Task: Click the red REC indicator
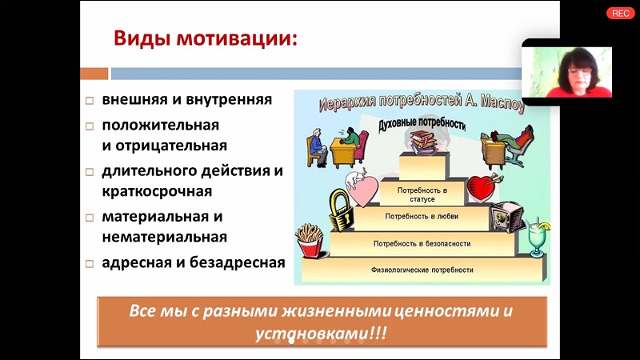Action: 621,14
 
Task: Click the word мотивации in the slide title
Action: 237,39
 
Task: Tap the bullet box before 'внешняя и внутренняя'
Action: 90,101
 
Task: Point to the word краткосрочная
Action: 157,191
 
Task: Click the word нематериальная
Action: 165,237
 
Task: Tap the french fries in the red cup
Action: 310,242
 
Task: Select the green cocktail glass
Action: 537,238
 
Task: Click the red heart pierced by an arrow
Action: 483,187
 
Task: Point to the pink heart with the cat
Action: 362,189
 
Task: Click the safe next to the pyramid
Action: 506,217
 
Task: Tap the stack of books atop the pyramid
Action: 424,142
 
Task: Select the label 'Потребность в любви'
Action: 422,217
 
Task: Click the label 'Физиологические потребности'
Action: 422,270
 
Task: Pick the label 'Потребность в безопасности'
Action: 422,244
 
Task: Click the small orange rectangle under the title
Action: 94,74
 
